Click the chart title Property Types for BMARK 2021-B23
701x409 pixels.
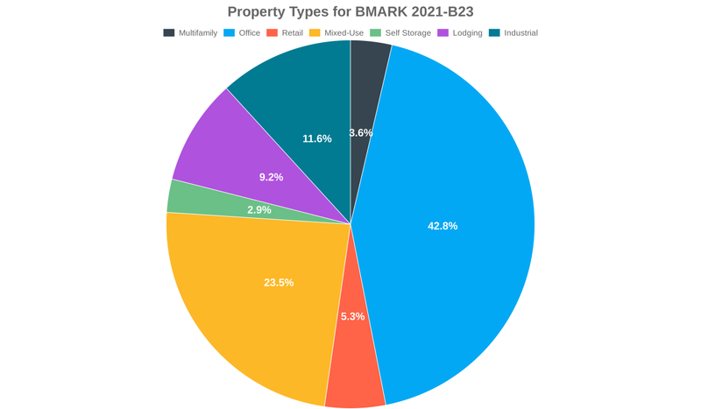coord(350,11)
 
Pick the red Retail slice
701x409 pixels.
coord(355,368)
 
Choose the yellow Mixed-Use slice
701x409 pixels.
coord(254,298)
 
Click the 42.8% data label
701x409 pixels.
coord(443,226)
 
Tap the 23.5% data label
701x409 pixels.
coord(279,283)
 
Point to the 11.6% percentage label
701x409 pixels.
coord(317,138)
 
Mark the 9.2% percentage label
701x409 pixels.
coord(271,177)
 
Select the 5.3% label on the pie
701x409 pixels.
coord(352,316)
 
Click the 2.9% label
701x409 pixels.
coord(258,210)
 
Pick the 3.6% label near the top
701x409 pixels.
coord(361,133)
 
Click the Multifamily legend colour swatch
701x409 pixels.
coord(168,32)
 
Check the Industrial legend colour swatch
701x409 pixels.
coord(494,32)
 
